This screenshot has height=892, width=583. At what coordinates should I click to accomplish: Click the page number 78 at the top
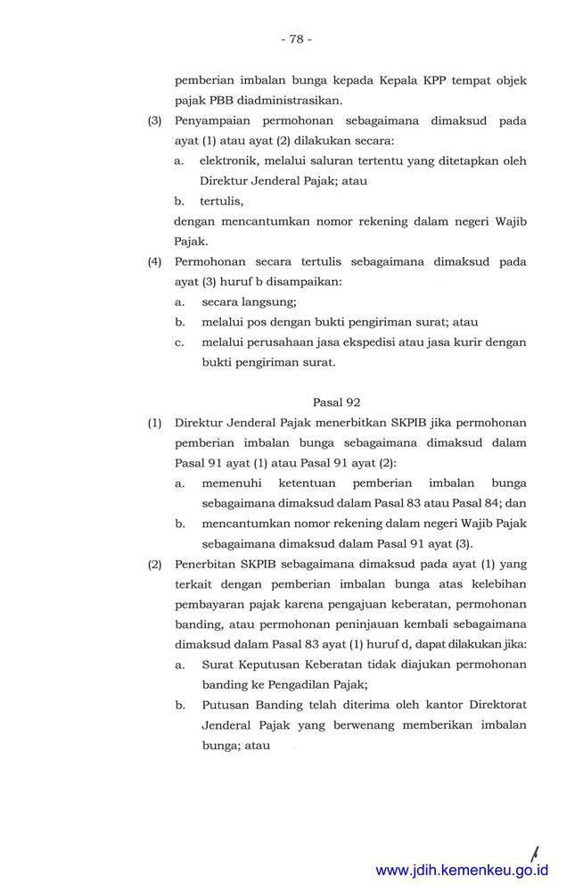(295, 39)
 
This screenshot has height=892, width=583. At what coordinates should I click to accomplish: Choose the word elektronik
(232, 161)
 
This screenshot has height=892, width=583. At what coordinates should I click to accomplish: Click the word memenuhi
(233, 483)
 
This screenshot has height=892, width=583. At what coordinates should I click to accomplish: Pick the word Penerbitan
(206, 565)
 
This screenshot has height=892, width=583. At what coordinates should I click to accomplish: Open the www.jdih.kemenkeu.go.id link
(462, 871)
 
